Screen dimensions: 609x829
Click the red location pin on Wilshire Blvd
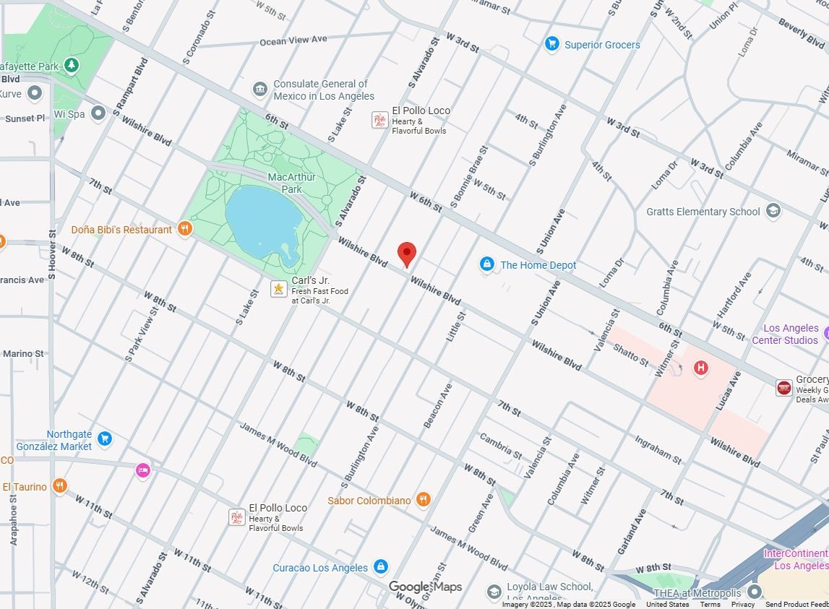pyautogui.click(x=407, y=254)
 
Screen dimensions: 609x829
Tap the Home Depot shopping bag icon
pyautogui.click(x=487, y=265)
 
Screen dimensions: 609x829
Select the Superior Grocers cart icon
pyautogui.click(x=552, y=44)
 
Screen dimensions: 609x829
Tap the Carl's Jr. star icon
pyautogui.click(x=278, y=289)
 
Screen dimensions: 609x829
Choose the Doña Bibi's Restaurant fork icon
pyautogui.click(x=185, y=230)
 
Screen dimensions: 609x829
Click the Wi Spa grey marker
pyautogui.click(x=98, y=113)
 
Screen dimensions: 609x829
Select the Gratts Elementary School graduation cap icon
pyautogui.click(x=773, y=211)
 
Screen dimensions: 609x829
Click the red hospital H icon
pyautogui.click(x=700, y=368)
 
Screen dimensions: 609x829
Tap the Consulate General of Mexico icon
pyautogui.click(x=260, y=90)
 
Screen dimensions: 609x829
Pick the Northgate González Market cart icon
pyautogui.click(x=104, y=438)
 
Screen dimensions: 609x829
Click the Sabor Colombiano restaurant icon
pyautogui.click(x=424, y=500)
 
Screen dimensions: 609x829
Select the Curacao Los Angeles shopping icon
pyautogui.click(x=381, y=567)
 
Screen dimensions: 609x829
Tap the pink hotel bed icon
pyautogui.click(x=143, y=470)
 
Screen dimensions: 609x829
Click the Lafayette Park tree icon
pyautogui.click(x=71, y=66)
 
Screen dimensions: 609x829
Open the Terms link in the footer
pyautogui.click(x=710, y=605)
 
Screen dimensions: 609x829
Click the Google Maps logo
pyautogui.click(x=425, y=587)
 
